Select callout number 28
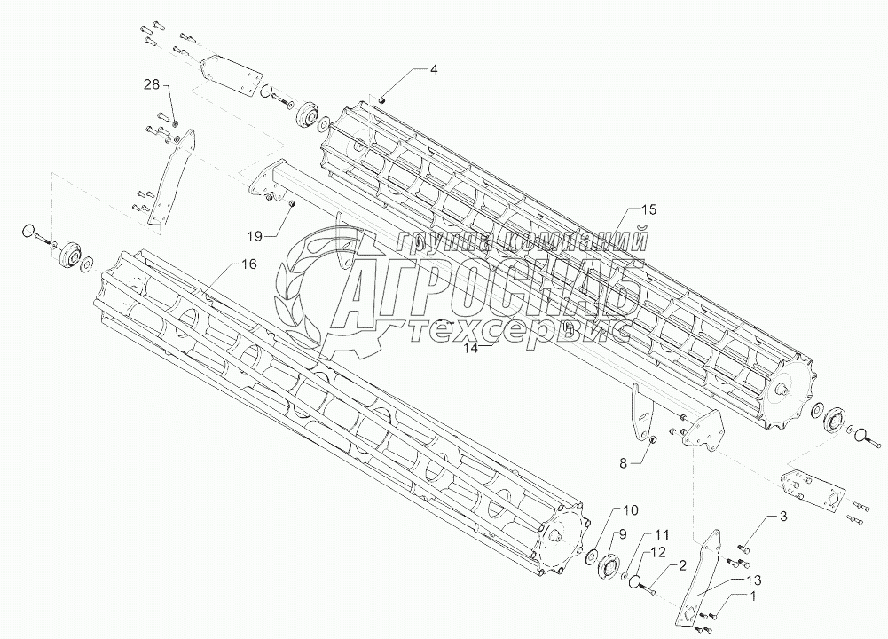[x=153, y=84]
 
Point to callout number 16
[x=250, y=265]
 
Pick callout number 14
[x=471, y=349]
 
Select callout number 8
[x=623, y=462]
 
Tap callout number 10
[x=630, y=510]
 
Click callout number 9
[x=623, y=534]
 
